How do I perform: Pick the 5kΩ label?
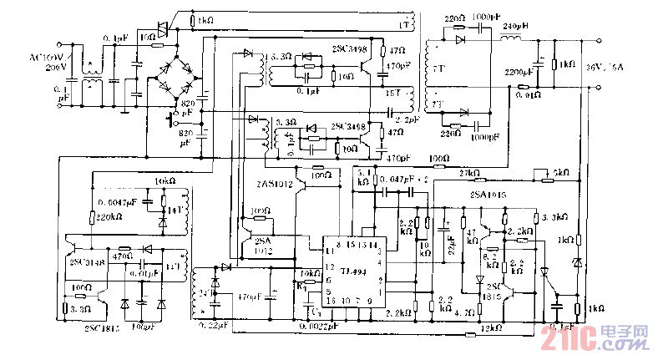coord(561,172)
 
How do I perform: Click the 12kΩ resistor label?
coord(490,332)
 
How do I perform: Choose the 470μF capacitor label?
coord(251,296)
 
